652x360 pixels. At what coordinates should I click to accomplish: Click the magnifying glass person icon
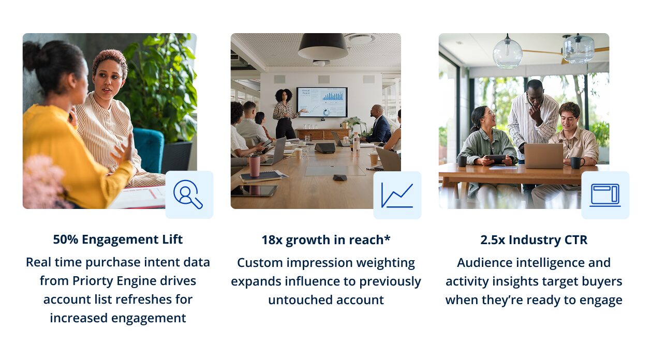click(187, 194)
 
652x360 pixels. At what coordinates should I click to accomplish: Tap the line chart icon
click(397, 196)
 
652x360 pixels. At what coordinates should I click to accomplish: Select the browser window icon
click(605, 196)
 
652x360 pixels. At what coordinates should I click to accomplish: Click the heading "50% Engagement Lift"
click(118, 239)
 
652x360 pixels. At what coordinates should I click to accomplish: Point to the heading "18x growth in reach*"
click(326, 240)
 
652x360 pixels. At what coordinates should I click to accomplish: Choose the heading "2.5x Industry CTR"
click(534, 240)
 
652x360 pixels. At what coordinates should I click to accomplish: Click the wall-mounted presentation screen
click(322, 102)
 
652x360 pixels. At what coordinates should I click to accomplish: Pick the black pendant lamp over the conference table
click(323, 46)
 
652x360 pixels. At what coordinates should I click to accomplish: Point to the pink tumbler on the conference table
click(255, 166)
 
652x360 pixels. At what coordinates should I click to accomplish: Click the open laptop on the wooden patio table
click(543, 156)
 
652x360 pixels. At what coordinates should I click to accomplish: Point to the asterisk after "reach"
click(387, 238)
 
